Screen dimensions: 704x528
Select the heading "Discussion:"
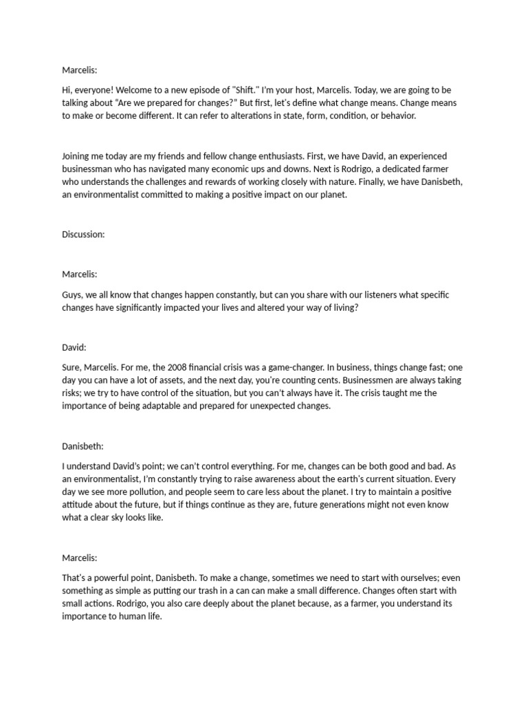[83, 234]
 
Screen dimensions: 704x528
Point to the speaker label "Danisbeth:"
[85, 443]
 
